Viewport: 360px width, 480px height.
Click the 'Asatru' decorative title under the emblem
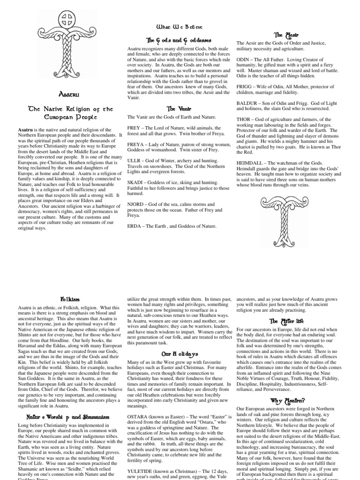click(x=68, y=94)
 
